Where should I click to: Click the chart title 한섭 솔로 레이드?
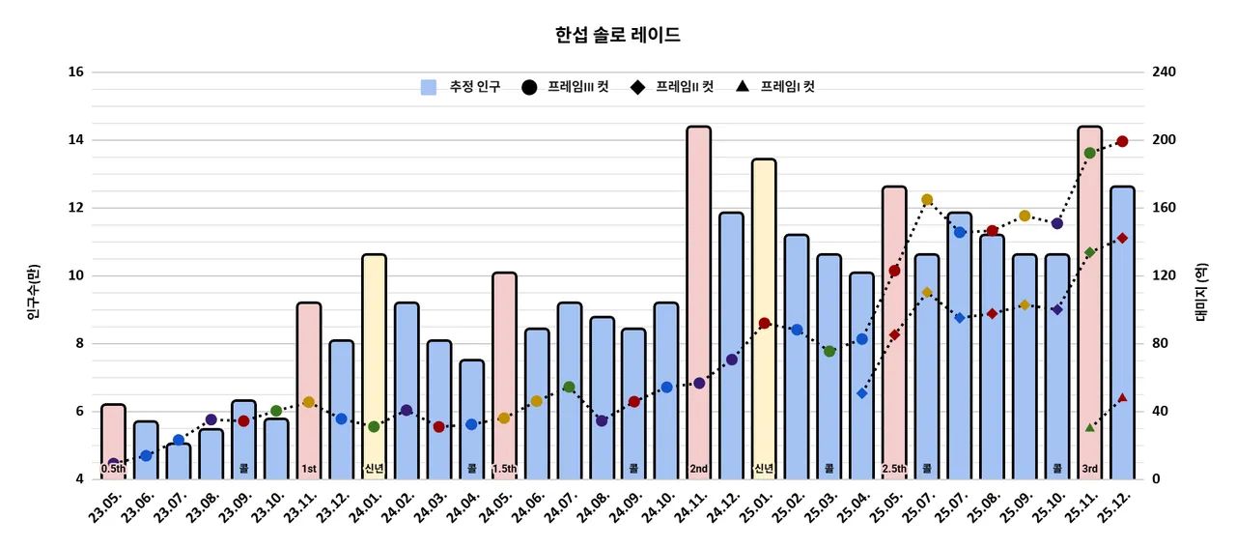pyautogui.click(x=618, y=36)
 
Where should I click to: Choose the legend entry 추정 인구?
pyautogui.click(x=462, y=87)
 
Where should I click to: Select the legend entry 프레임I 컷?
pyautogui.click(x=773, y=87)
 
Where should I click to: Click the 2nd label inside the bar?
pyautogui.click(x=699, y=470)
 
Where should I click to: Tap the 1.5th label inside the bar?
pyautogui.click(x=504, y=470)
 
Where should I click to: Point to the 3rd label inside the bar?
pyautogui.click(x=1089, y=470)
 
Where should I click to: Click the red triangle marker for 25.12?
pyautogui.click(x=1122, y=397)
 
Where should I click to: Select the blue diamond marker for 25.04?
pyautogui.click(x=862, y=393)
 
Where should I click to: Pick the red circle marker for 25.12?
pyautogui.click(x=1122, y=141)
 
